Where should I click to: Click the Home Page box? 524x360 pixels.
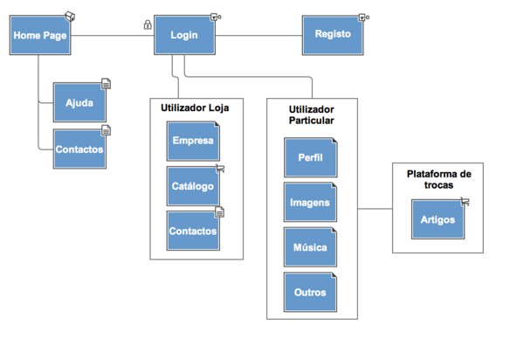coord(40,36)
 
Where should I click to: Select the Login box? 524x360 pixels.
coord(183,36)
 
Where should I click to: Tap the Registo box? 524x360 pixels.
coord(333,35)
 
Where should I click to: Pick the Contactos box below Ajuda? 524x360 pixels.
coord(79,149)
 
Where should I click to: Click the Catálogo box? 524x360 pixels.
coord(193,186)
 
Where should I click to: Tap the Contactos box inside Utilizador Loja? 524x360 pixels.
coord(193,232)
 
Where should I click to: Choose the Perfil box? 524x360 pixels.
coord(309,157)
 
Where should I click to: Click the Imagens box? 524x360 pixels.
coord(309,203)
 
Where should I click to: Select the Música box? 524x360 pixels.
coord(309,248)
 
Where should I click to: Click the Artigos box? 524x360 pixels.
coord(437,219)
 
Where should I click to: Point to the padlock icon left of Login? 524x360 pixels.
coord(147,25)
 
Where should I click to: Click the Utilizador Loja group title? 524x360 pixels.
coord(195,108)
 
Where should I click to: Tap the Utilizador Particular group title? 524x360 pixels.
coord(311,114)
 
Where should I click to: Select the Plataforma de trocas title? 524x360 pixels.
coord(439,179)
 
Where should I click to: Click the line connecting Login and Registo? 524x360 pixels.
coord(259,36)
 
